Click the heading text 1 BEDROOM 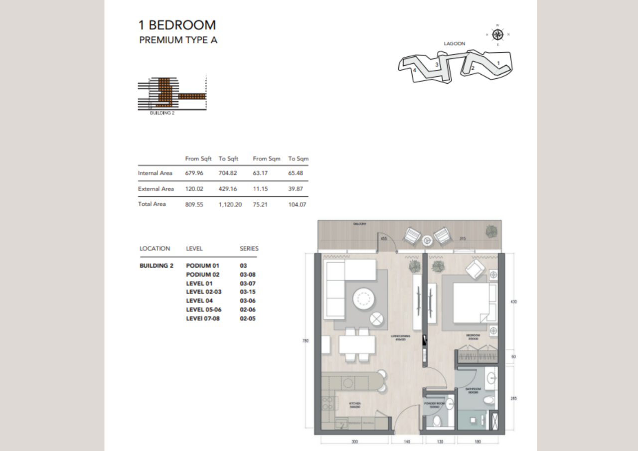[177, 25]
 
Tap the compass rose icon [497, 34]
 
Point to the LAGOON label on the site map [454, 44]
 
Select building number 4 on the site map [414, 70]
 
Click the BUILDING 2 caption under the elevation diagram [162, 113]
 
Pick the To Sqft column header [228, 158]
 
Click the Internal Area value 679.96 [194, 173]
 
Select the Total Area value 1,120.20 [230, 204]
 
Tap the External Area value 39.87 [297, 189]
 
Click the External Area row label [156, 189]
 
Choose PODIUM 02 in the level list [202, 275]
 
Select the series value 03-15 [248, 292]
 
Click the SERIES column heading [249, 248]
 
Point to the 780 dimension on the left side [305, 341]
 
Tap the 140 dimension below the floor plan [407, 442]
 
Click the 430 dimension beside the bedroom [514, 302]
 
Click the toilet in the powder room [437, 421]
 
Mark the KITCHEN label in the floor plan [355, 404]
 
